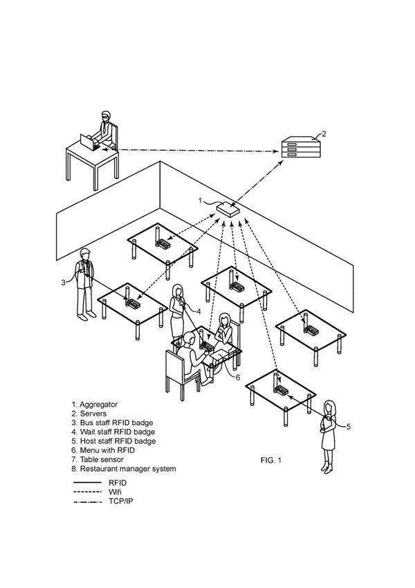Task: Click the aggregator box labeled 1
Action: click(x=228, y=208)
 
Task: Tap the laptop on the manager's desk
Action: click(x=89, y=142)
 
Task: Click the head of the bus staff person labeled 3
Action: click(x=85, y=255)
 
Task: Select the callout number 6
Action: click(x=237, y=377)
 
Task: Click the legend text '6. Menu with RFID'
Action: click(x=103, y=450)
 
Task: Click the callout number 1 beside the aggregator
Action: click(x=201, y=201)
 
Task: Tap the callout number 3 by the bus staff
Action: click(x=63, y=282)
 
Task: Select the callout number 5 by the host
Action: click(x=349, y=427)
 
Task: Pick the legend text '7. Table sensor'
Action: click(x=98, y=459)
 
